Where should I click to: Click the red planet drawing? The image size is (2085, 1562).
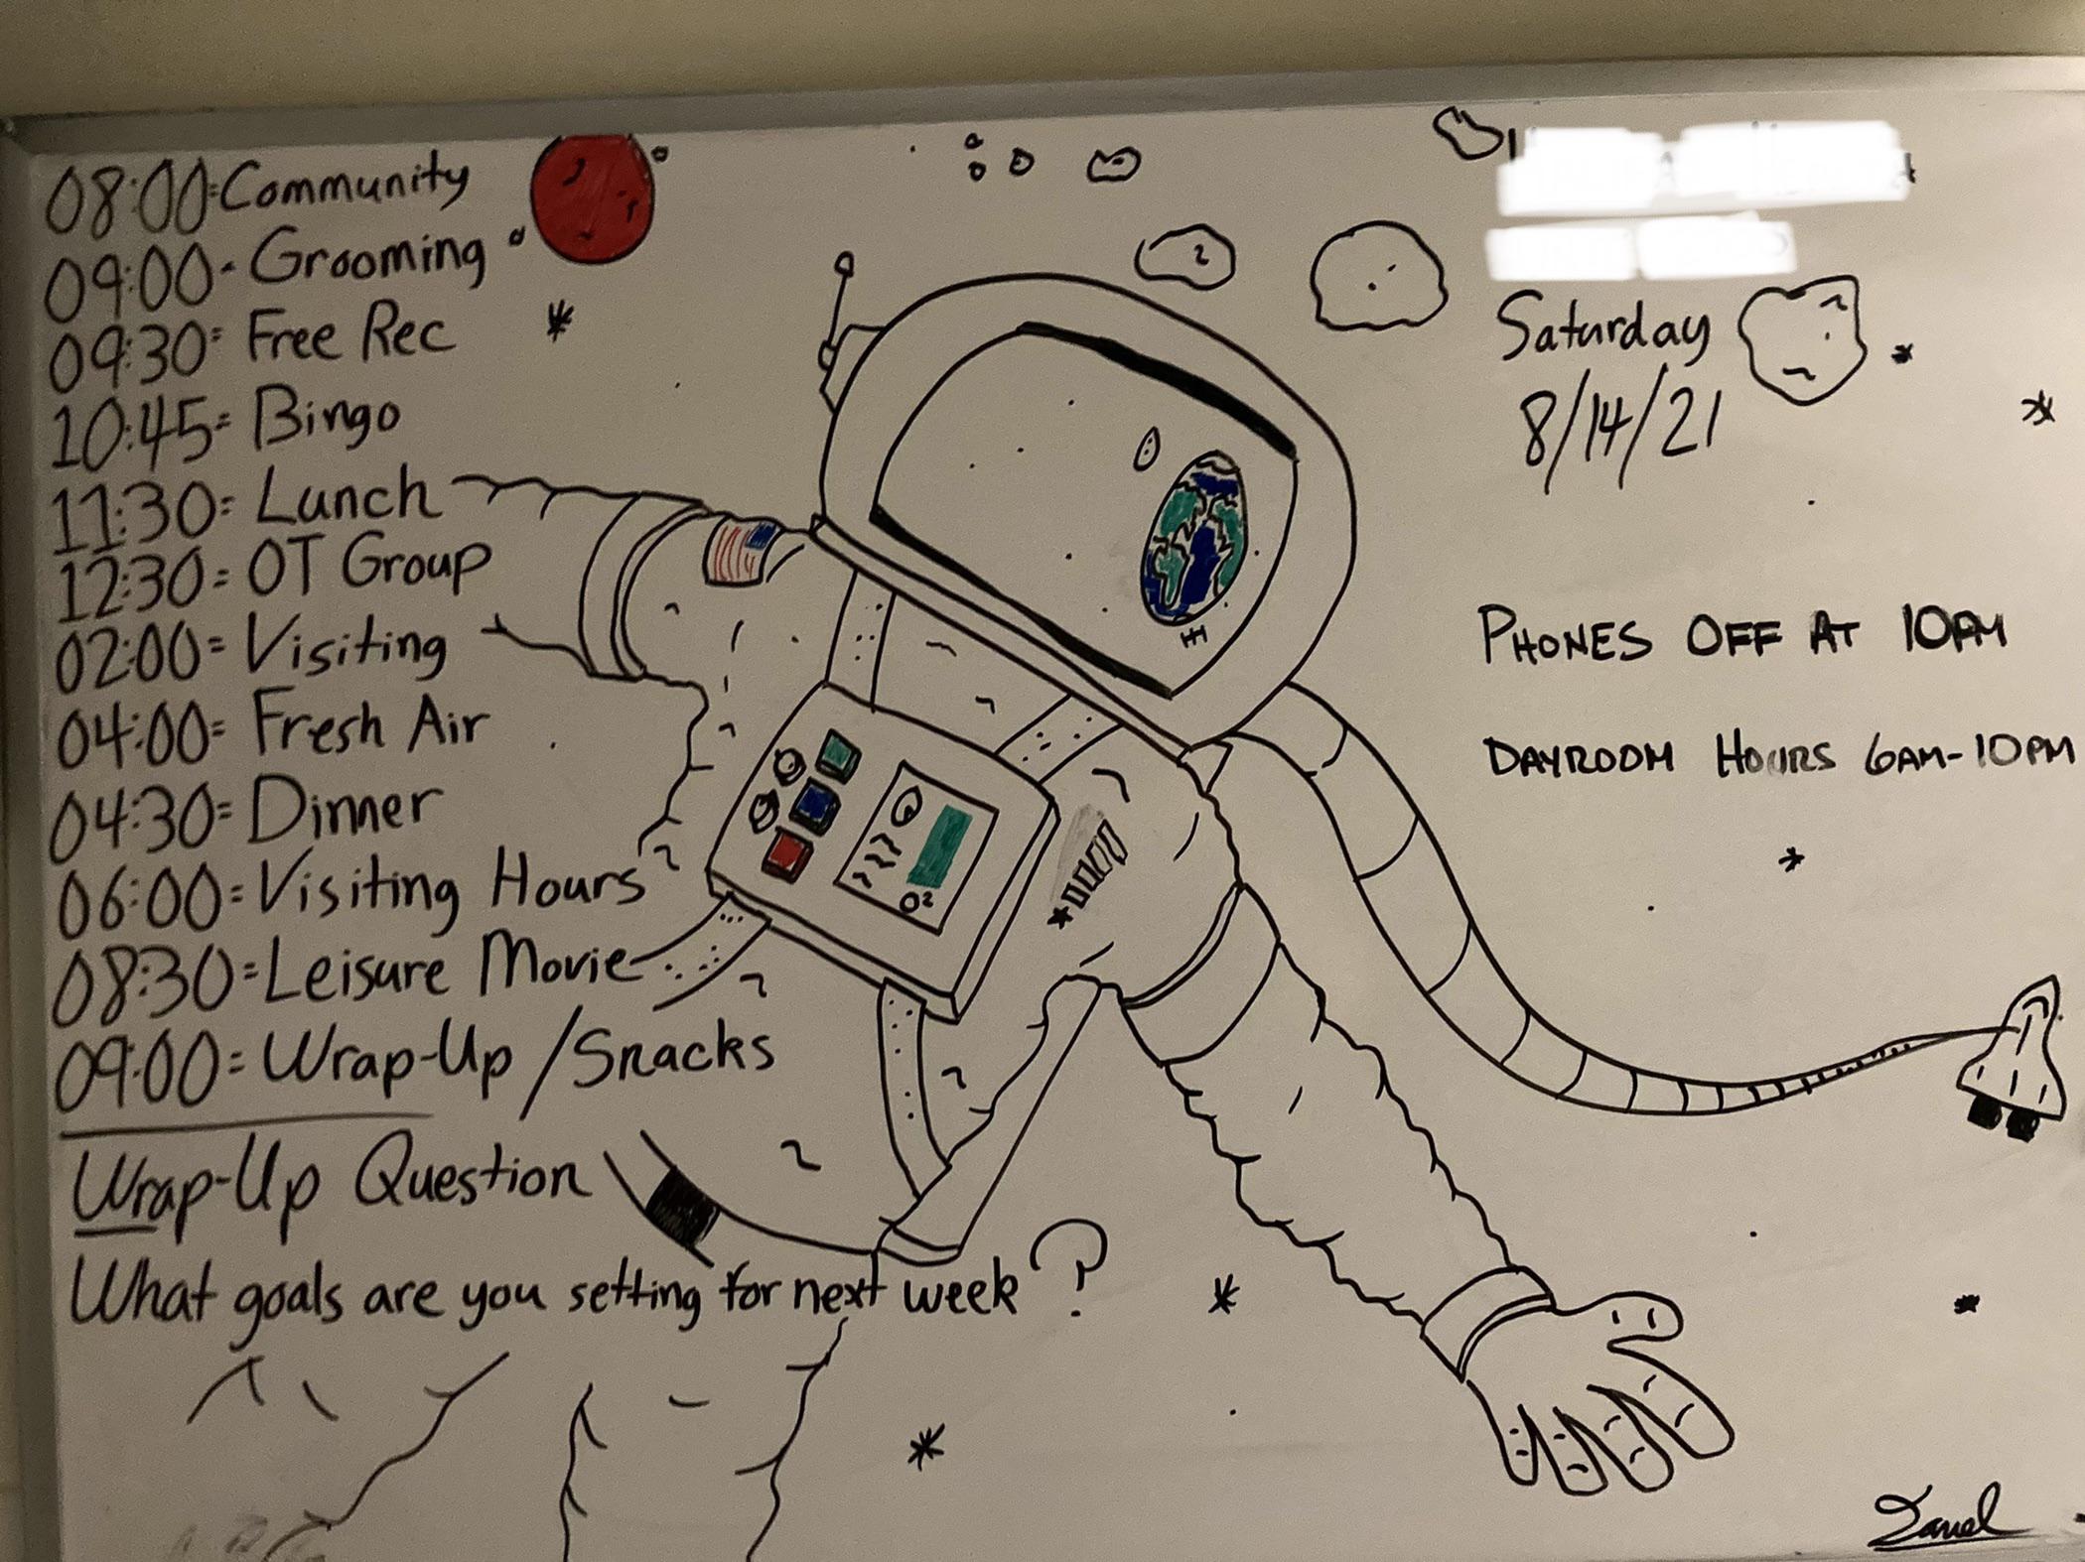[592, 198]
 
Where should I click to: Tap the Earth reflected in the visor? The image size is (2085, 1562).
[1195, 540]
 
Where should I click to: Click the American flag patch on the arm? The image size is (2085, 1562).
[740, 551]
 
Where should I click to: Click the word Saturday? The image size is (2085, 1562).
[1600, 332]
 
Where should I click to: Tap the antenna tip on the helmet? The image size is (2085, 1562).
[844, 264]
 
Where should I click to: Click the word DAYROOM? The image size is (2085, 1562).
[1579, 759]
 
